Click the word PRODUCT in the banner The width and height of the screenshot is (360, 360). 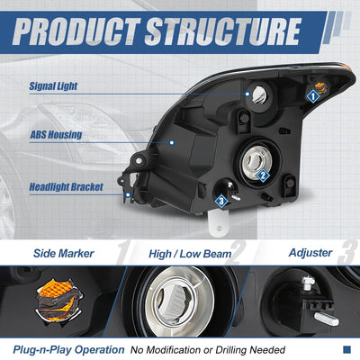click(76, 31)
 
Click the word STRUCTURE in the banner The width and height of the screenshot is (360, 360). click(223, 31)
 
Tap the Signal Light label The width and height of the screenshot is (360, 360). click(53, 86)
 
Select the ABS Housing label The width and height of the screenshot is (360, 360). click(56, 135)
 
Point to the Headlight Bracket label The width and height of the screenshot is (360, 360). click(66, 187)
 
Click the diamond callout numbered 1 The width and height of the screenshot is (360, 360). click(313, 96)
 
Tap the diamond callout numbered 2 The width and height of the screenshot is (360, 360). click(263, 175)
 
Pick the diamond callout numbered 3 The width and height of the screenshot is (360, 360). click(221, 201)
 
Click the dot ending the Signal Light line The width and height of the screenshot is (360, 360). click(247, 94)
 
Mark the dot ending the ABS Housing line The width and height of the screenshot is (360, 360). click(172, 142)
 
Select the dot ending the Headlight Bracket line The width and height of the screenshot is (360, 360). click(128, 195)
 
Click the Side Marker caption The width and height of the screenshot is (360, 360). click(64, 254)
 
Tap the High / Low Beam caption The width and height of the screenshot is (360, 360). click(190, 254)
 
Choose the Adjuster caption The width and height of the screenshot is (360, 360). click(310, 253)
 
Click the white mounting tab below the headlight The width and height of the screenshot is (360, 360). click(218, 223)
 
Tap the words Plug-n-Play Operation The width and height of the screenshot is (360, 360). click(68, 350)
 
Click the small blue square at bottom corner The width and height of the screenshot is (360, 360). click(346, 349)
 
